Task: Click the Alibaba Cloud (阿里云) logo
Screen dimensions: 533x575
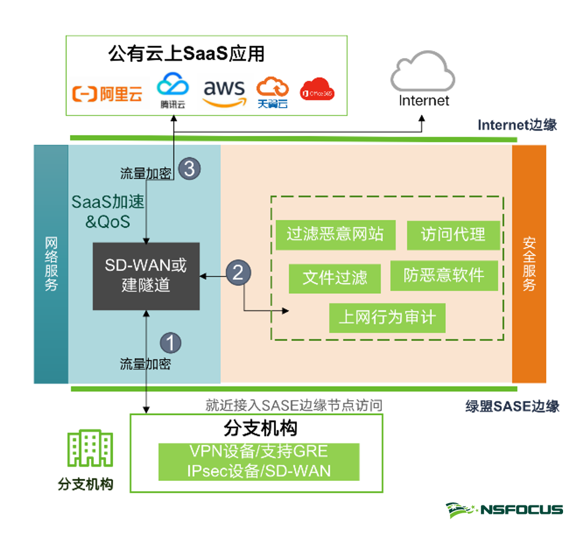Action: tap(108, 93)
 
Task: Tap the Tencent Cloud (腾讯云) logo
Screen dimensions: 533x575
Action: tap(172, 90)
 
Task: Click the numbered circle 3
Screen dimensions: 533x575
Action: tap(189, 168)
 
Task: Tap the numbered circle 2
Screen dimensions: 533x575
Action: tap(238, 273)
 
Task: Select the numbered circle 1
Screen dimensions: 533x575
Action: tap(171, 342)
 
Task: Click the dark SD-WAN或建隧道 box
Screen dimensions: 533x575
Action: tap(146, 276)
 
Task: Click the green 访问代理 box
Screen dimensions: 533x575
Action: tap(452, 234)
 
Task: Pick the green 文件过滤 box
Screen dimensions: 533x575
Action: tap(334, 278)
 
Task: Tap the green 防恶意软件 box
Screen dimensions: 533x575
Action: tap(443, 275)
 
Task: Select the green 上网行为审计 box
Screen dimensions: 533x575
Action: tap(387, 317)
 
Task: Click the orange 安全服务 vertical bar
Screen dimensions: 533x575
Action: tap(529, 264)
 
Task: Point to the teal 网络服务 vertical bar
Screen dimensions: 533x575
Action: tap(51, 264)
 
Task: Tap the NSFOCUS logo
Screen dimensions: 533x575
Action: tap(504, 510)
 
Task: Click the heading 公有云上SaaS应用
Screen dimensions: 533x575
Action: tap(186, 54)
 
